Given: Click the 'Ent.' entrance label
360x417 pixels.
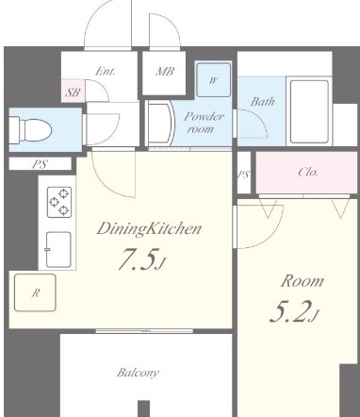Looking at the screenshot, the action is tap(106, 71).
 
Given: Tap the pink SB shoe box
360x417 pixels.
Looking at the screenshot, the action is tap(73, 91).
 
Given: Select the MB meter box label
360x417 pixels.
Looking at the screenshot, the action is tap(165, 72).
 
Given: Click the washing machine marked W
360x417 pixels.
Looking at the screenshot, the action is tap(213, 80).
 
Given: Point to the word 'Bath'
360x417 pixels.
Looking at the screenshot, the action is tap(263, 101).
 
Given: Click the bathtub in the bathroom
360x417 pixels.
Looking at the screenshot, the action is tap(309, 111).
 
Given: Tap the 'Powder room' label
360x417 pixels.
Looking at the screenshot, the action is tap(204, 123).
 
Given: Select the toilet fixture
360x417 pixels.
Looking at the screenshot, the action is tap(30, 129).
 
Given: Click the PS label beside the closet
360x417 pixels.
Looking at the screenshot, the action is tap(244, 175).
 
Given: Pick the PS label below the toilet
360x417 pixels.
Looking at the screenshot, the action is tap(40, 164).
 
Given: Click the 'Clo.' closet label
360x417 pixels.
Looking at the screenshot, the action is tap(308, 172).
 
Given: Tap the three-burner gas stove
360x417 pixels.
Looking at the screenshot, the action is tap(59, 202).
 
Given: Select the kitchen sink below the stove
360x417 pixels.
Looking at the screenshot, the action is tap(58, 250).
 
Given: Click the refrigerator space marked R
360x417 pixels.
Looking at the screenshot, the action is tap(35, 292).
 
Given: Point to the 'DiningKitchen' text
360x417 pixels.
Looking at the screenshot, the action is tap(149, 228).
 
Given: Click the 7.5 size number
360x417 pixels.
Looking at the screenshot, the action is tap(138, 259).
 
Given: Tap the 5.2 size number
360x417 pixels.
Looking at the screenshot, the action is tap(288, 312).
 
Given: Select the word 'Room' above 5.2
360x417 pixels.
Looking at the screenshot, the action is tap(303, 281).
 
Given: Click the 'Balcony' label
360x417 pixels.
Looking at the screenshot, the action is tap(138, 373).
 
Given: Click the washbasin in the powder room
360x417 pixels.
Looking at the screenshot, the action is tap(160, 124).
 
